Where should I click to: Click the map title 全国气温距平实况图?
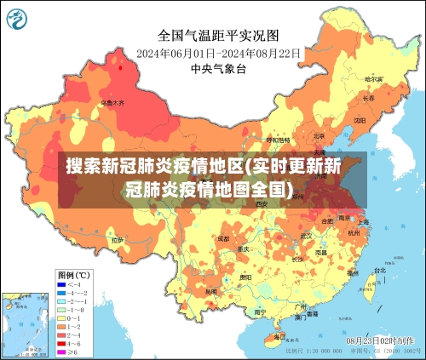tap(218, 35)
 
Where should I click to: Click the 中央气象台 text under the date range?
tap(217, 68)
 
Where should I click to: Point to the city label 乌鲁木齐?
tap(112, 103)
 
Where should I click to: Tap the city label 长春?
tap(368, 98)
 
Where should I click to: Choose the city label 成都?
tap(223, 239)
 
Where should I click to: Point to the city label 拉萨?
tap(117, 241)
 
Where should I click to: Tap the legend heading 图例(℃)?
tap(74, 275)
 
